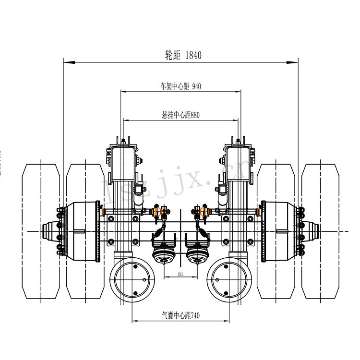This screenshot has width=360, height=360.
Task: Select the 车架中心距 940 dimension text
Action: click(x=180, y=86)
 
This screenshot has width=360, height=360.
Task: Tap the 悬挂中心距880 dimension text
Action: click(x=180, y=115)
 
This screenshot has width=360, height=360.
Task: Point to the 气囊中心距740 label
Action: click(x=180, y=316)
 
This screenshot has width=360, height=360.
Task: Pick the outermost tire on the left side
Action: click(x=41, y=230)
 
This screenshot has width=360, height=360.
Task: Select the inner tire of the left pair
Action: click(x=85, y=230)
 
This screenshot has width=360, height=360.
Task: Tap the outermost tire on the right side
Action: click(x=320, y=230)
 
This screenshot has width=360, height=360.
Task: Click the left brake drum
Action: click(x=84, y=231)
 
